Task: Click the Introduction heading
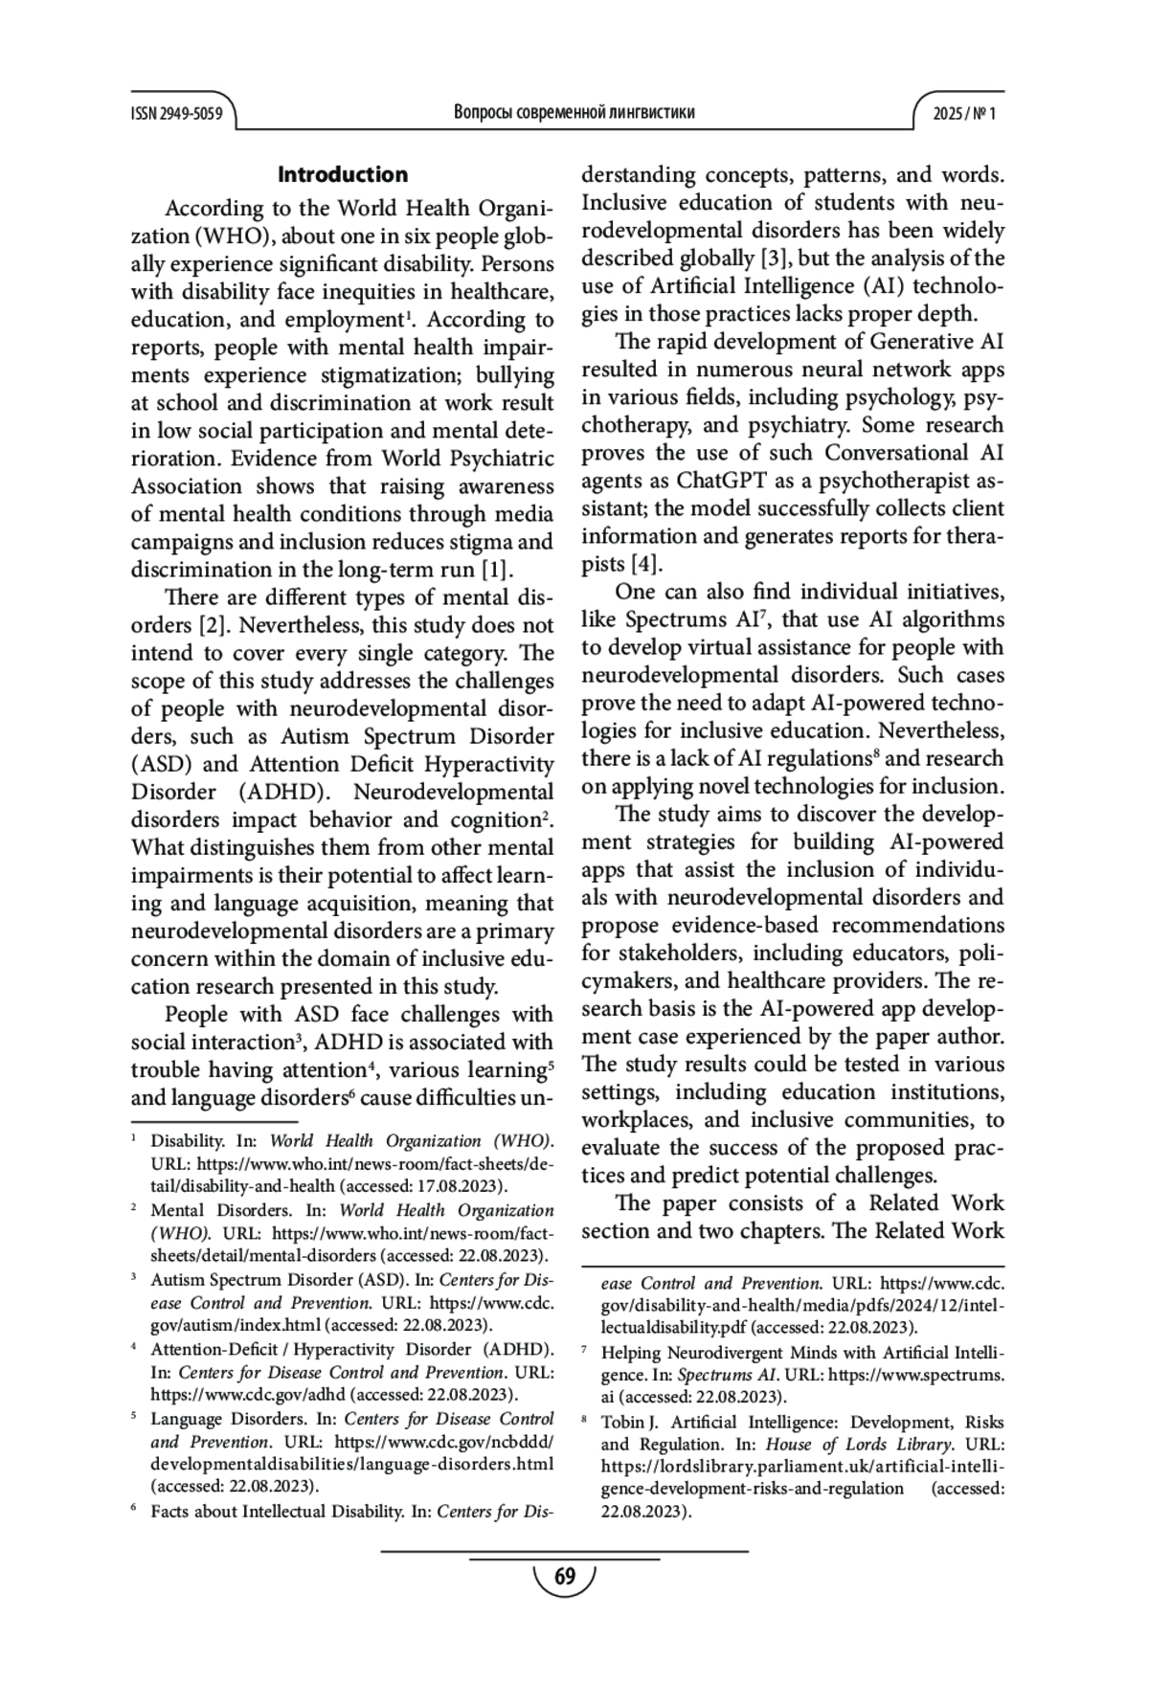tap(342, 174)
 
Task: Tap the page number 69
tap(565, 1577)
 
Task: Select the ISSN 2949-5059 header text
tap(176, 114)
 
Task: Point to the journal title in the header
tap(574, 113)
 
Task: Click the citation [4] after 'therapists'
tap(646, 564)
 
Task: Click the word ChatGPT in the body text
tap(718, 481)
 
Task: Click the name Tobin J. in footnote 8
tap(623, 1422)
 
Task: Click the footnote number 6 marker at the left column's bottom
tap(134, 1511)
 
